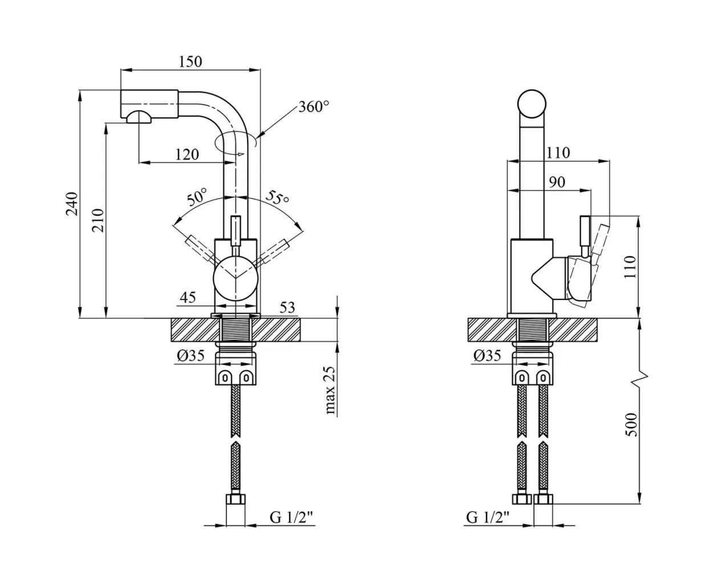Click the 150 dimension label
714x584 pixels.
click(x=190, y=62)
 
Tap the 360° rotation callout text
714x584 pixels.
click(x=314, y=107)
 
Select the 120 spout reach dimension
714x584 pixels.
click(x=187, y=155)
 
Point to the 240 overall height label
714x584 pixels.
click(x=72, y=204)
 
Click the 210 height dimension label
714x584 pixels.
click(x=98, y=220)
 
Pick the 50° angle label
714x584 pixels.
click(x=197, y=197)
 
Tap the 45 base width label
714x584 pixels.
click(x=188, y=297)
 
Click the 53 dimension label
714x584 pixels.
click(x=287, y=307)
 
